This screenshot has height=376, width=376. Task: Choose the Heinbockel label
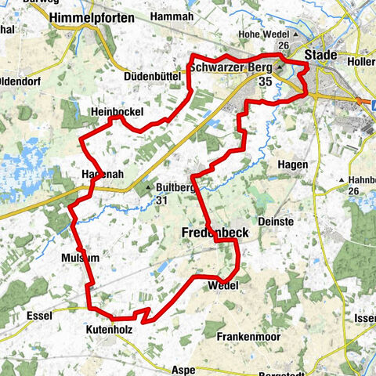coord(116,113)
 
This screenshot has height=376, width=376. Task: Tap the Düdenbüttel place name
coord(154,76)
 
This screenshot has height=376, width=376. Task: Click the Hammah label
coord(174,16)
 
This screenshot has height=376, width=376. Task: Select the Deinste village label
coord(300,222)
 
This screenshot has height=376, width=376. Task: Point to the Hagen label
coord(294,164)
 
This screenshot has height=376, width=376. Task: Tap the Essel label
coord(38,315)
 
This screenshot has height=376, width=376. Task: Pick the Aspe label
coord(182,369)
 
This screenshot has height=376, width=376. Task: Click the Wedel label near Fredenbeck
coord(223,286)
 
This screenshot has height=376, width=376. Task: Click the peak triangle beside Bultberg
coord(146,188)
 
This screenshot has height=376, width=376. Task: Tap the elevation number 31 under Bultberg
coord(162,201)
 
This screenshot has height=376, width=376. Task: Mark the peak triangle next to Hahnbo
coord(343,181)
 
